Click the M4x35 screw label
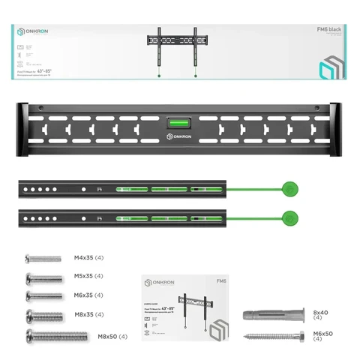(88, 258)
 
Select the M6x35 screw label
(88, 295)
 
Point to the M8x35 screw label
(88, 314)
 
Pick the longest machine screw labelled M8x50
(56, 336)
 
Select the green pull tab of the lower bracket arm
(289, 218)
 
